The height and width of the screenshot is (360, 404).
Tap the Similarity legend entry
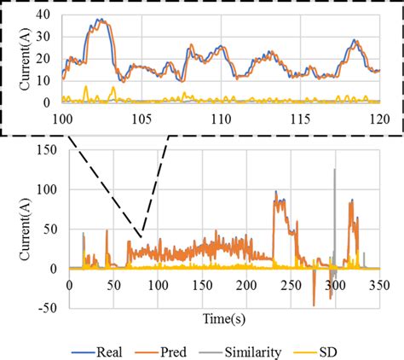[x=242, y=350]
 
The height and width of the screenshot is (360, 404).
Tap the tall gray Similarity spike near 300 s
[x=334, y=171]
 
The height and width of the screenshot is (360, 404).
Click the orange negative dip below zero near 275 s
[x=314, y=303]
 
